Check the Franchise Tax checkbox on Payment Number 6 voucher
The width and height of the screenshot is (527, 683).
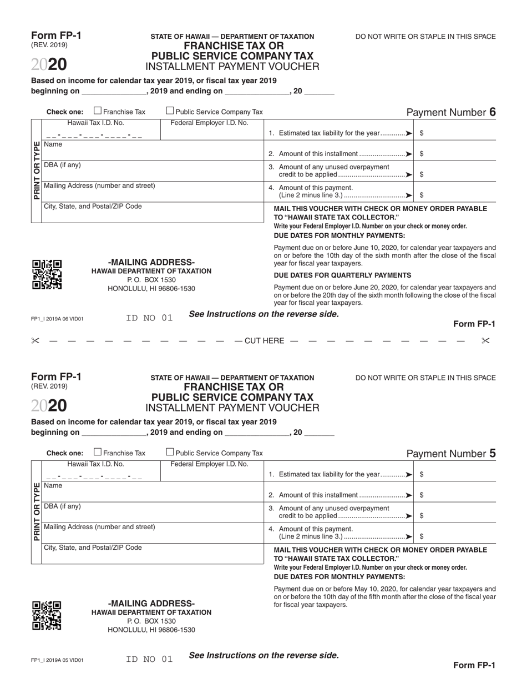98,111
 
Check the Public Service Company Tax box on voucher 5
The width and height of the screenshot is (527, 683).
170,453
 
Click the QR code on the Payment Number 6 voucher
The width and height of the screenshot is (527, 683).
47,274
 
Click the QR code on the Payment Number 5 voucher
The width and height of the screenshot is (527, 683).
47,615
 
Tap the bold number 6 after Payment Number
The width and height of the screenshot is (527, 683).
492,112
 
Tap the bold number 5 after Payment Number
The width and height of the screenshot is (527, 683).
492,453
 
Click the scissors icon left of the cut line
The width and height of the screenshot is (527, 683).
36,340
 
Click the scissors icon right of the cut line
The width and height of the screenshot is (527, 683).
485,340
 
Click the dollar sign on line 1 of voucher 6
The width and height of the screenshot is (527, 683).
422,133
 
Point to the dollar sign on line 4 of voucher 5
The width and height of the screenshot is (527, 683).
422,536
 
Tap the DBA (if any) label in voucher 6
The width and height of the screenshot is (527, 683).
62,165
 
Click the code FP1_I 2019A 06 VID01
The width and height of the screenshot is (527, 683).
57,319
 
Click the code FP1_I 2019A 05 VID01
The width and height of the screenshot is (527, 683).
57,660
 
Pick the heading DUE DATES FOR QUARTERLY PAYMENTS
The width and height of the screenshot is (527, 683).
342,275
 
